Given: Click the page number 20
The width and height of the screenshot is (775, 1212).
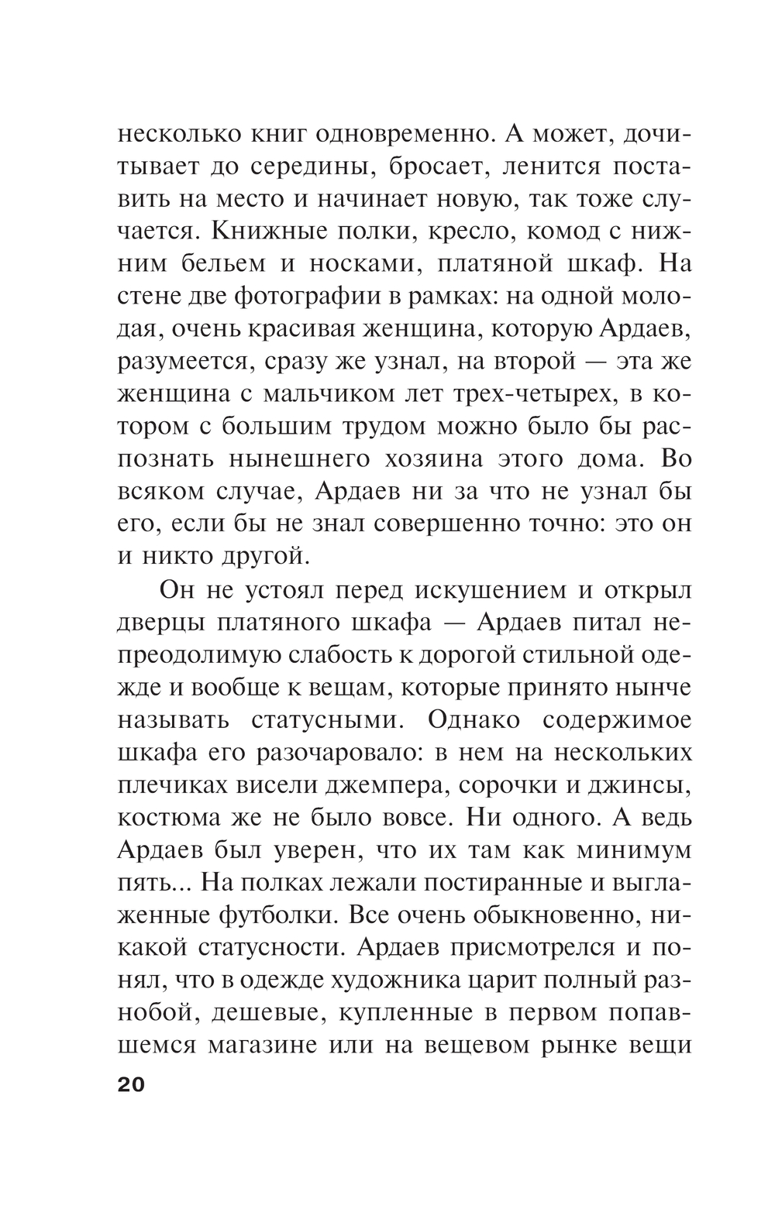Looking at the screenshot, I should click(x=131, y=1083).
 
